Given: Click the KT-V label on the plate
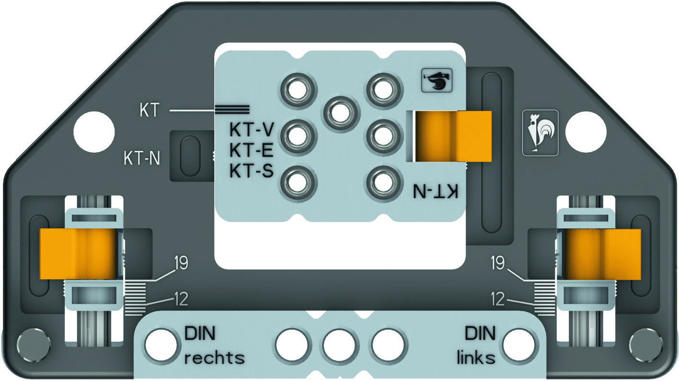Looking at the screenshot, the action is [252, 130].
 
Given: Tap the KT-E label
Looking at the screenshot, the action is [251, 150].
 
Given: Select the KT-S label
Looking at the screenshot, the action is [252, 170].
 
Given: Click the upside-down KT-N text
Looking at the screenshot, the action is [436, 191].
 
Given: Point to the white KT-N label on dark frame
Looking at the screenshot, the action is [142, 158].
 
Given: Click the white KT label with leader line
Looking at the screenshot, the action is [149, 110].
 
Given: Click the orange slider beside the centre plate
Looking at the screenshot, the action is [453, 136].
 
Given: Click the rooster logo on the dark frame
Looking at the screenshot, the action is [541, 133].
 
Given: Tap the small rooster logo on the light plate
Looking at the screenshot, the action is [437, 80].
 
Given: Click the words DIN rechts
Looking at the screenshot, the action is [214, 346].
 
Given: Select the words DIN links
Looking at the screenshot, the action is [476, 346].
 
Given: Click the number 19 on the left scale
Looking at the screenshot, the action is [181, 263].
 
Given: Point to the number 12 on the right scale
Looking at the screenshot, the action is [498, 299].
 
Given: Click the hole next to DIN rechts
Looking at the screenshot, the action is [161, 345].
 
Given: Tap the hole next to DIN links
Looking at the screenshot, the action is [518, 345].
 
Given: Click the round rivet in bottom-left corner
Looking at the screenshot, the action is [34, 344].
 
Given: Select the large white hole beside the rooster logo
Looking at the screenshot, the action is [586, 132].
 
